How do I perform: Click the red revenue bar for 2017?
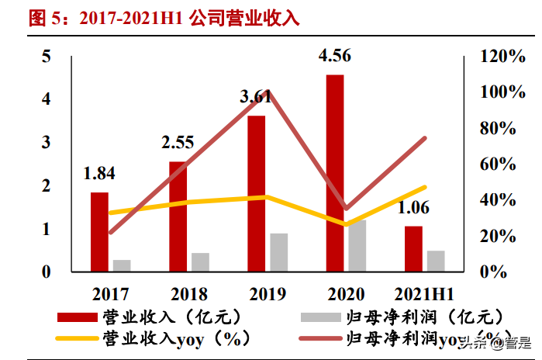pyautogui.click(x=99, y=231)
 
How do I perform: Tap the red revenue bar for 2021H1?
pyautogui.click(x=413, y=248)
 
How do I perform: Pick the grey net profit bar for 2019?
pyautogui.click(x=279, y=252)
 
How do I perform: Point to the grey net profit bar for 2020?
pyautogui.click(x=357, y=245)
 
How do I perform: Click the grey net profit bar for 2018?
pyautogui.click(x=201, y=261)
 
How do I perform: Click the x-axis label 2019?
pyautogui.click(x=268, y=294)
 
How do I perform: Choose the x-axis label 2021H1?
pyautogui.click(x=424, y=294)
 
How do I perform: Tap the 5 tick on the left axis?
pyautogui.click(x=47, y=57)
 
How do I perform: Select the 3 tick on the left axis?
pyautogui.click(x=47, y=143)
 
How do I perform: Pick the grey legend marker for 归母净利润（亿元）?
pyautogui.click(x=319, y=317)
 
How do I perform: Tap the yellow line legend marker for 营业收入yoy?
pyautogui.click(x=78, y=338)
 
